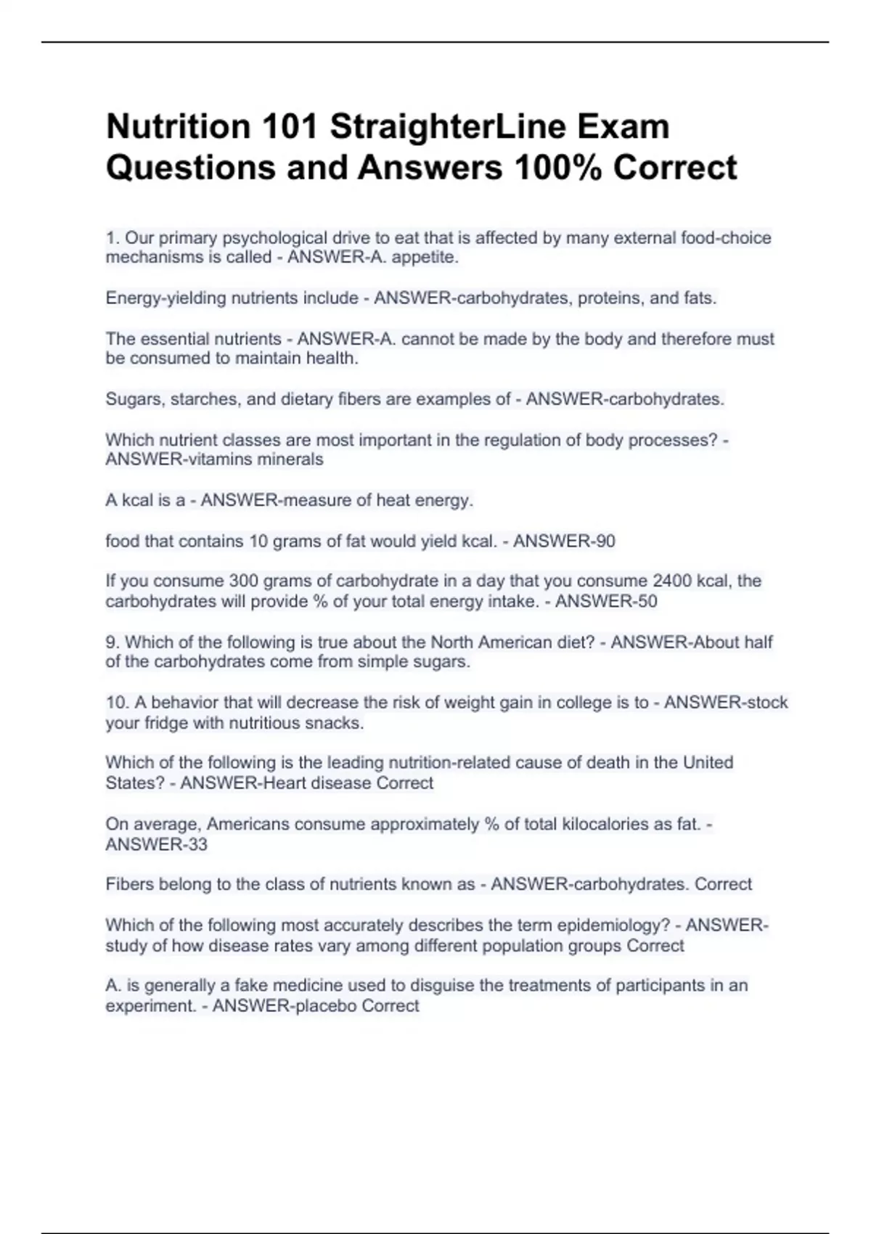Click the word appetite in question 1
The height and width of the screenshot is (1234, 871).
tap(433, 258)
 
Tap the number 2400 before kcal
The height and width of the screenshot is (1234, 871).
tap(672, 581)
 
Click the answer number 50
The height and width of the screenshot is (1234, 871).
tap(646, 602)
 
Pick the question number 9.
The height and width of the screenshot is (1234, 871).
tap(113, 642)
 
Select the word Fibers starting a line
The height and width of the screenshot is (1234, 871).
tap(129, 885)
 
